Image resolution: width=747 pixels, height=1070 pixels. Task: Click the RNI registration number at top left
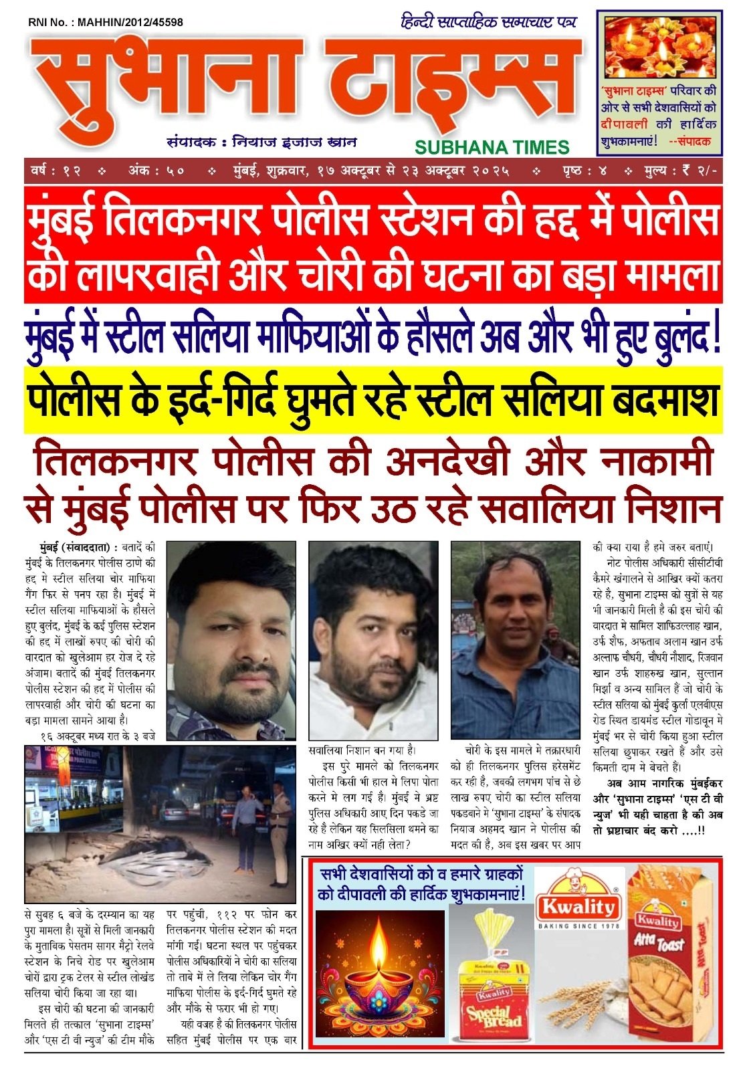point(106,22)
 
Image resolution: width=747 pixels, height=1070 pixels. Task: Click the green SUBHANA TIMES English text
point(492,147)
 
